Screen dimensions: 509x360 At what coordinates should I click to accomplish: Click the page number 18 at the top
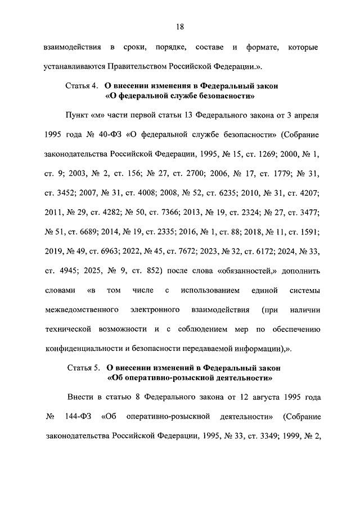180,26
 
